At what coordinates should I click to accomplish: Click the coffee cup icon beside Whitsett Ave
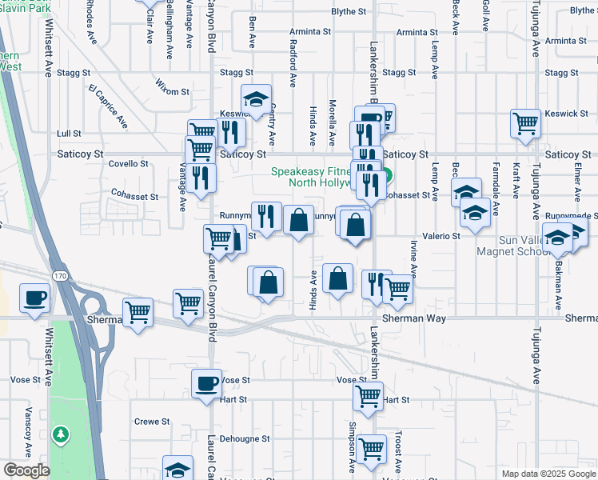pyautogui.click(x=34, y=299)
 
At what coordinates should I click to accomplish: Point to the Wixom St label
pyautogui.click(x=172, y=92)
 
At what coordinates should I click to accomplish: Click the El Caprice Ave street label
pyautogui.click(x=108, y=106)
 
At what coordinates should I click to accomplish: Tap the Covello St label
pyautogui.click(x=129, y=163)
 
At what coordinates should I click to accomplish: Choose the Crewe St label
pyautogui.click(x=152, y=422)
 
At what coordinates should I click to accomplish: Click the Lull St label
pyautogui.click(x=70, y=134)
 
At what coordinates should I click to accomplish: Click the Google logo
pyautogui.click(x=26, y=471)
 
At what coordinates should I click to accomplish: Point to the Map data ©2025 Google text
pyautogui.click(x=548, y=474)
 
